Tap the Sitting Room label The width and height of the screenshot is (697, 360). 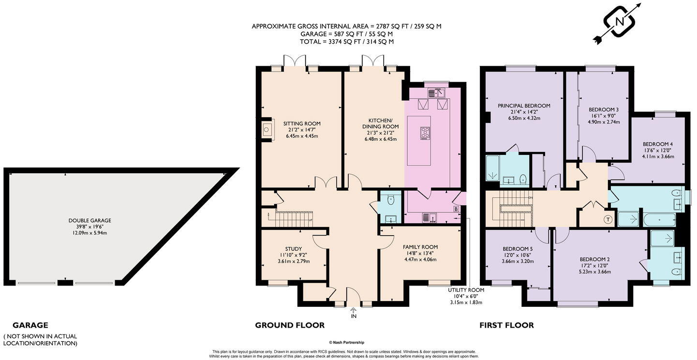(302, 124)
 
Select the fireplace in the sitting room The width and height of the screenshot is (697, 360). (267, 129)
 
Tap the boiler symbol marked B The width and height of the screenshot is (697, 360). (456, 209)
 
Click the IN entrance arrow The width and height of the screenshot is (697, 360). (353, 313)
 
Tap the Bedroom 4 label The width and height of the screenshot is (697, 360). (657, 144)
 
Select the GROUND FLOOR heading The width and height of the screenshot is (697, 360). (290, 325)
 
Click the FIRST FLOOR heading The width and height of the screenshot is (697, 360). (506, 325)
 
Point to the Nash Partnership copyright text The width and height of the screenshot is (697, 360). (347, 343)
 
